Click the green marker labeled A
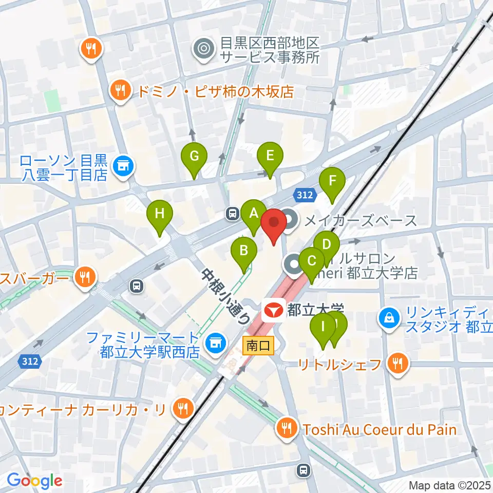253,213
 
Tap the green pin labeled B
244,251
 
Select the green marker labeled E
270,155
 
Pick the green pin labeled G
194,156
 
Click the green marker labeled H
160,213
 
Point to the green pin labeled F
332,181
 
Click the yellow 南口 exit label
259,346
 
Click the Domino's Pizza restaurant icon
121,91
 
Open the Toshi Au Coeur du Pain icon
285,428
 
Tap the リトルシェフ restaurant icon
397,364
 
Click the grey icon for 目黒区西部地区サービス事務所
203,49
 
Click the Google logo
34,481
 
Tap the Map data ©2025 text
449,485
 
